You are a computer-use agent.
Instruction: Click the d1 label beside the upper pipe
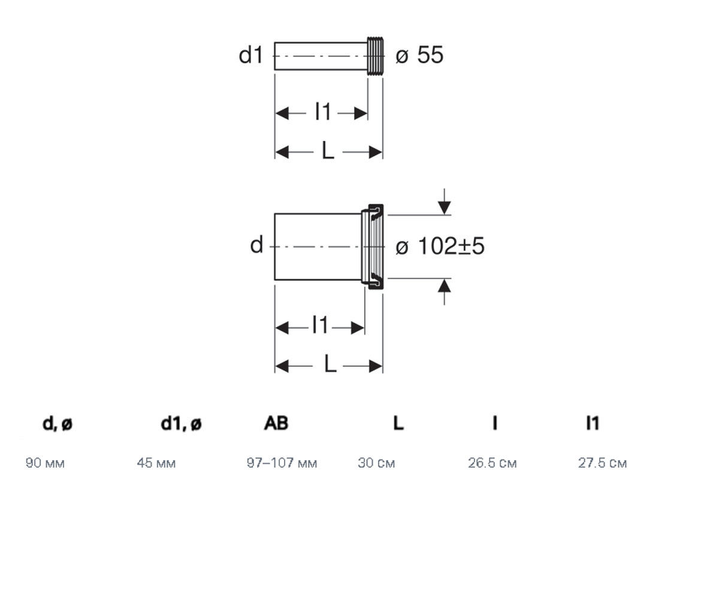tap(250, 55)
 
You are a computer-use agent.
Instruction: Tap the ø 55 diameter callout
tap(419, 55)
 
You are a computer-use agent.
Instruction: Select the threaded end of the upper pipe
tap(375, 56)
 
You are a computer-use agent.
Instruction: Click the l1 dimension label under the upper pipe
tap(323, 111)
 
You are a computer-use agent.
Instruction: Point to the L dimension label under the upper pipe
tap(328, 150)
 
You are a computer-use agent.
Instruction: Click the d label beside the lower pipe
tap(256, 245)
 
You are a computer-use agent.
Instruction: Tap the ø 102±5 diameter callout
tap(440, 246)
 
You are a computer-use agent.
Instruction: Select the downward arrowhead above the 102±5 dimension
tap(444, 207)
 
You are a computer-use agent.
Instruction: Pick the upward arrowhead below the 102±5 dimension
tap(444, 285)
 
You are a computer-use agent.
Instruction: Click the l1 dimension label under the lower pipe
tap(320, 325)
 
